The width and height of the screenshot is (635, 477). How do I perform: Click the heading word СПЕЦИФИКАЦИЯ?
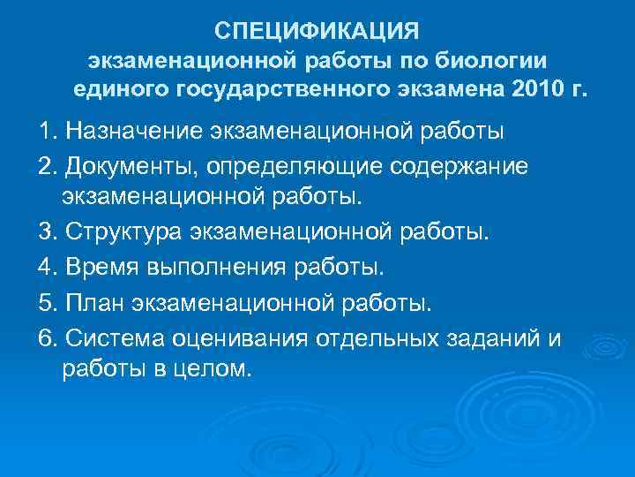[x=318, y=32]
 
